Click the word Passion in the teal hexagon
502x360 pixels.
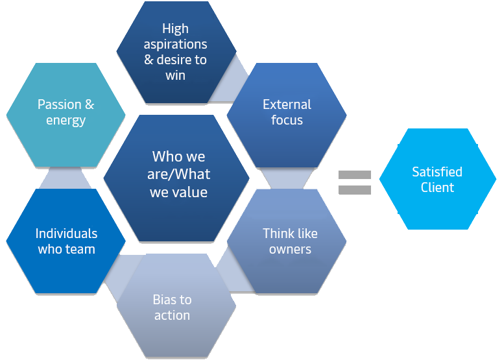(58, 104)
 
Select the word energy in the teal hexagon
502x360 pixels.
(66, 120)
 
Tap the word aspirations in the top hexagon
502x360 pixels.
(175, 45)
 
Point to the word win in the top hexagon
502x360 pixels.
(175, 75)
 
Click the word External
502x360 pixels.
(287, 104)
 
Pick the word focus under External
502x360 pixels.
(287, 120)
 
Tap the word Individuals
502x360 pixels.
(66, 234)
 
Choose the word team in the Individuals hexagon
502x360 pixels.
(80, 249)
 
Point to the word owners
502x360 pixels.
(290, 249)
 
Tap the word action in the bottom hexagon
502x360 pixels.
(172, 315)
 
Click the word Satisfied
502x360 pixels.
(437, 172)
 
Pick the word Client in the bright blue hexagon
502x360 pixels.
(437, 187)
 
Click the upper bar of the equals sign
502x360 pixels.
(355, 174)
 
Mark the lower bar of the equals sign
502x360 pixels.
(355, 190)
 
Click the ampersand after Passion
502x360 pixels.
(90, 104)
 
